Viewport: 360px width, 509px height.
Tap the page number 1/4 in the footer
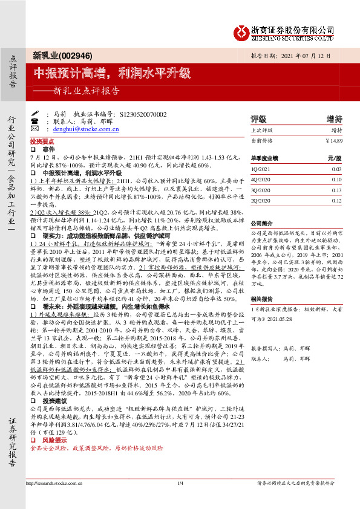pos(180,499)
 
